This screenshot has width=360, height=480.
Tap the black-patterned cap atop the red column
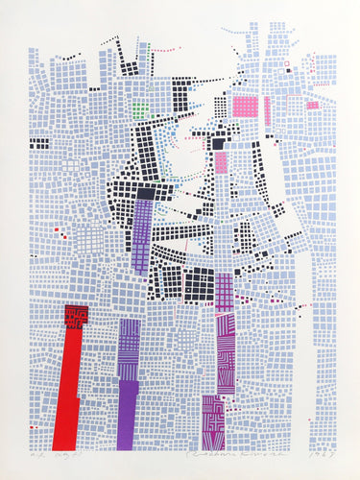pos(76,316)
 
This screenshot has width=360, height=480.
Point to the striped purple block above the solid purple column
pos(129,351)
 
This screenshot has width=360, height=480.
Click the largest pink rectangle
pos(246,109)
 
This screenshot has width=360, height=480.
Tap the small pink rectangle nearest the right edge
pos(312,105)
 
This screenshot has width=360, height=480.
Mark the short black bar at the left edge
pos(38,143)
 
